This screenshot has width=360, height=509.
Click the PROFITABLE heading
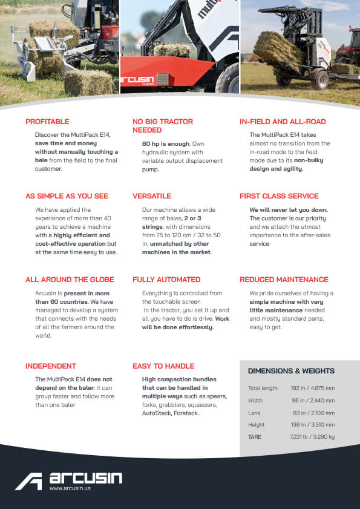coord(47,122)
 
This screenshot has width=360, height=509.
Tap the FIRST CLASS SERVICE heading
coord(279,196)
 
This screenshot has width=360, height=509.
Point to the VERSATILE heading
coord(152,196)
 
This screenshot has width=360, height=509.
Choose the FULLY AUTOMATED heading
coord(166,280)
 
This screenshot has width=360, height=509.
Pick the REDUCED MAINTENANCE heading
coord(284,280)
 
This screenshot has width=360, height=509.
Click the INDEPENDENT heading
coord(51,366)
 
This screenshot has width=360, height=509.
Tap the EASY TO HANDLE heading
coord(163,366)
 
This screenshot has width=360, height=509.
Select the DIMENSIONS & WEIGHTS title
coord(291,371)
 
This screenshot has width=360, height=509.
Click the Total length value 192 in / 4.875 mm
coord(313,388)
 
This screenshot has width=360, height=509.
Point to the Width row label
coord(255,400)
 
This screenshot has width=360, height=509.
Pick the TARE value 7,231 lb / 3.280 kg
coord(312,436)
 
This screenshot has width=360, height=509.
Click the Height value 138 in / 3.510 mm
coord(313,424)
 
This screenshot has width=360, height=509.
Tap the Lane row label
coord(255,412)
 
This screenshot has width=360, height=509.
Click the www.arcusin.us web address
coord(70,488)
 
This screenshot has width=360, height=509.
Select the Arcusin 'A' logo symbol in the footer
coord(28,481)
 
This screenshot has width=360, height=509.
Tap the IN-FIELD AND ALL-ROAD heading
coord(284,122)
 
